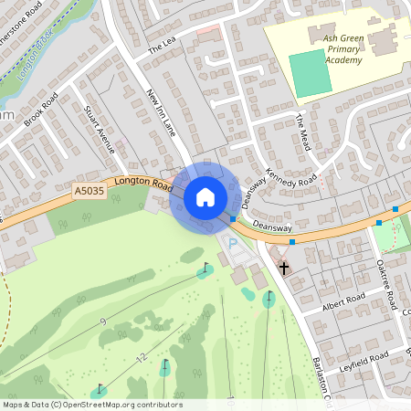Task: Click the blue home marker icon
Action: pos(205,196)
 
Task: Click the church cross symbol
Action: pos(284,269)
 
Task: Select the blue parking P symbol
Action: pos(232,244)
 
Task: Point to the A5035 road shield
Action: pos(89,191)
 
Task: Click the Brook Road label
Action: pos(41,109)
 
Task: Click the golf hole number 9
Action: pos(102,321)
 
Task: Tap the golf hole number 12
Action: pos(141,358)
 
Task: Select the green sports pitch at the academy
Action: pos(311,73)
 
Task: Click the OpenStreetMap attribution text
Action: pos(92,405)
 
